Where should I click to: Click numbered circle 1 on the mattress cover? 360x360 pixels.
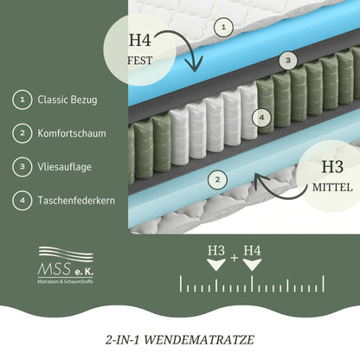pos(223,28)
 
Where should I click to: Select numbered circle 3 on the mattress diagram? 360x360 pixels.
pos(289,61)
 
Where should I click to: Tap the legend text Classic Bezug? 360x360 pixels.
pos(67,100)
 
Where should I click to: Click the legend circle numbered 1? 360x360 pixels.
pos(20,100)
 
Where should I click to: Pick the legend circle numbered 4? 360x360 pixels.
pos(20,199)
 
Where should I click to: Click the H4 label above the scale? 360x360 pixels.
pos(252,251)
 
